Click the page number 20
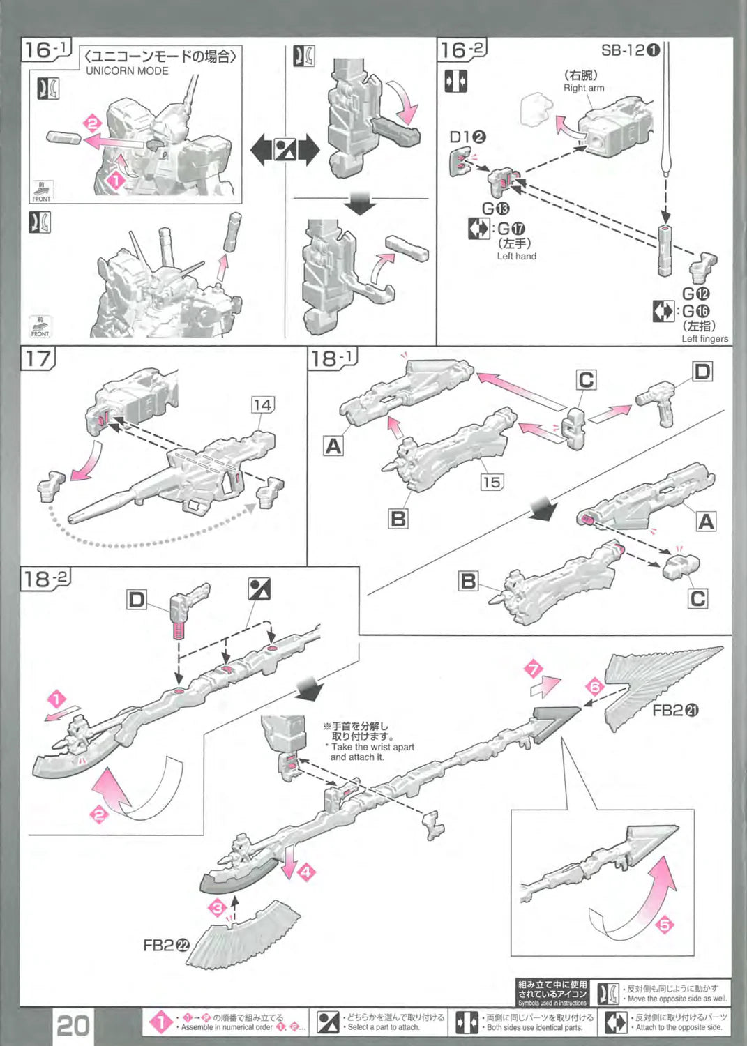click(x=73, y=1025)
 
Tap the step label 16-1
click(x=46, y=50)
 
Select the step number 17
click(x=38, y=358)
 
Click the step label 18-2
click(x=45, y=579)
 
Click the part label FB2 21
click(x=675, y=711)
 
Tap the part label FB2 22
click(x=166, y=945)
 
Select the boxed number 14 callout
click(x=262, y=404)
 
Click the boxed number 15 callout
click(x=492, y=482)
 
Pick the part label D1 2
click(x=467, y=137)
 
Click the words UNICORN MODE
click(x=127, y=70)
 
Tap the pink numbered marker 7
click(x=534, y=669)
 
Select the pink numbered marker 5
click(x=665, y=925)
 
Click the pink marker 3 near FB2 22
click(x=218, y=907)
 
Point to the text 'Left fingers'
click(x=704, y=339)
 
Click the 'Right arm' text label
click(x=584, y=88)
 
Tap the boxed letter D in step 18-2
click(x=137, y=600)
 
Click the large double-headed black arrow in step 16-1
click(x=284, y=149)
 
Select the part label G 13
click(x=496, y=209)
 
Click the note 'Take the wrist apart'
click(x=372, y=747)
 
